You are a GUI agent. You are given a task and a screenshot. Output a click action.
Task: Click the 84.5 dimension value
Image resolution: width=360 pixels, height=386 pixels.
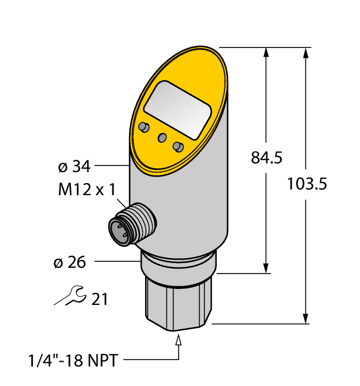click(x=266, y=158)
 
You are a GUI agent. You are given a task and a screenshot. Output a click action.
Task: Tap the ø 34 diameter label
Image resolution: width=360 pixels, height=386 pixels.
click(x=73, y=165)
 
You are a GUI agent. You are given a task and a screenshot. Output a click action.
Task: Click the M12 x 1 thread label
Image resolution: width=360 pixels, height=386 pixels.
click(x=87, y=190)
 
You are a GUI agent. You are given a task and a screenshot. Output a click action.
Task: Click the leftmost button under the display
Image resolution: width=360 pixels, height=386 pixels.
click(x=144, y=128)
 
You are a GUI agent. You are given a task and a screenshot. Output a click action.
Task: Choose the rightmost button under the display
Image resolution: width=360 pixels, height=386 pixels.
click(x=178, y=147)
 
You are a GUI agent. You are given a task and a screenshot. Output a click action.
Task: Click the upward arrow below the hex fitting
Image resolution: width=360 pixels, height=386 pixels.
click(x=178, y=341)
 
